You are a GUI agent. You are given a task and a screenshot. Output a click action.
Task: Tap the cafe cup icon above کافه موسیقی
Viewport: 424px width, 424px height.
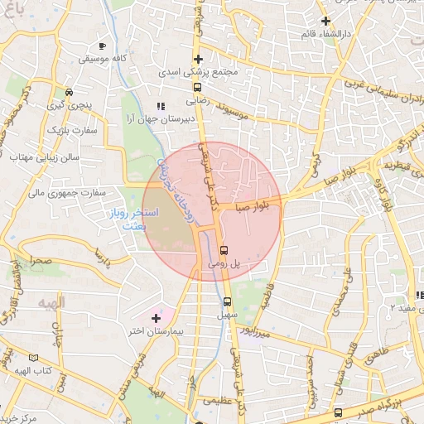[102, 46]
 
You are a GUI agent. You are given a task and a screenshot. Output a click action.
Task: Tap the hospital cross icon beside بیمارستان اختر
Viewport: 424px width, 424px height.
[155, 318]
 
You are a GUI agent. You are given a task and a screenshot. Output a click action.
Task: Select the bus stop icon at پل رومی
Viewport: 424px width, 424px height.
[224, 251]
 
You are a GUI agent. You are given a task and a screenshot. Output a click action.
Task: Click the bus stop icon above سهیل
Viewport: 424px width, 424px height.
[227, 301]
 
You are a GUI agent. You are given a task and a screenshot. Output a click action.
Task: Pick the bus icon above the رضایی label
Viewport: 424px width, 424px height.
[197, 86]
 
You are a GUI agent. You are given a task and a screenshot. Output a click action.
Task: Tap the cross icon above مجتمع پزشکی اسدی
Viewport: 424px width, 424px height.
[198, 59]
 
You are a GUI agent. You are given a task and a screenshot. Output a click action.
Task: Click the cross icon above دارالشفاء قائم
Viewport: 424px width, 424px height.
[326, 21]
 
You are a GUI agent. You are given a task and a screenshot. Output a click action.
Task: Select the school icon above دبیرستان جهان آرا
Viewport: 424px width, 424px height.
[161, 106]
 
